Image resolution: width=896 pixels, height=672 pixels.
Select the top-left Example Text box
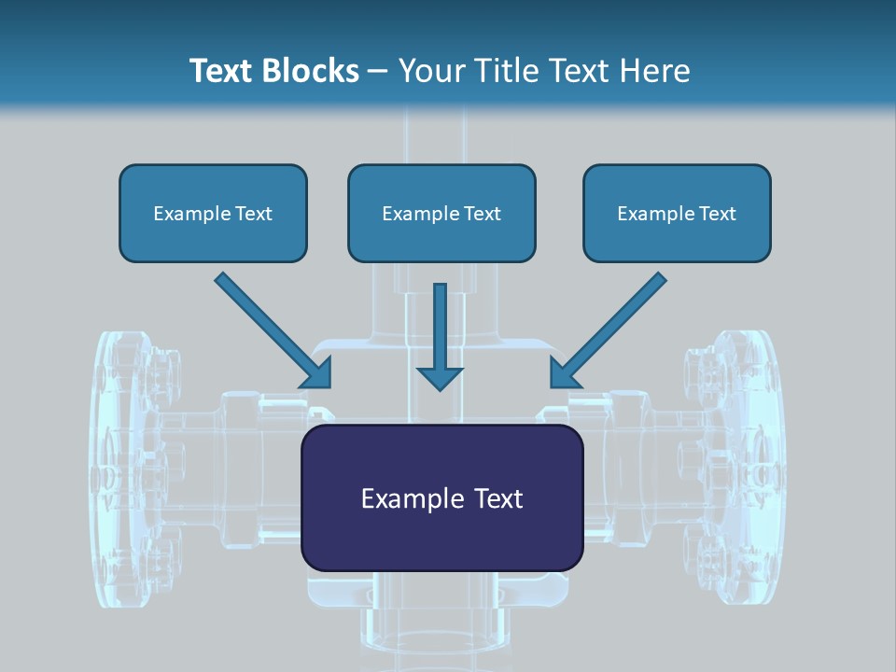pyautogui.click(x=213, y=213)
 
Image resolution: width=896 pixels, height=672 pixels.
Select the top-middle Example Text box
pyautogui.click(x=441, y=213)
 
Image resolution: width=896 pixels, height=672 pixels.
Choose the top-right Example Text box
pyautogui.click(x=677, y=213)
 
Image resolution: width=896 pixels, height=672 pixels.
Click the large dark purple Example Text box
pyautogui.click(x=441, y=497)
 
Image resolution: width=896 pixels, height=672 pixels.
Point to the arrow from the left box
pyautogui.click(x=271, y=328)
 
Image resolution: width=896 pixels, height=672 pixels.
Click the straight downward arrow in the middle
pyautogui.click(x=440, y=331)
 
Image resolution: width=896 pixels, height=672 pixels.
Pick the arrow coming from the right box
pyautogui.click(x=612, y=328)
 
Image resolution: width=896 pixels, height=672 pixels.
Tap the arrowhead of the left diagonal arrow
pyautogui.click(x=318, y=373)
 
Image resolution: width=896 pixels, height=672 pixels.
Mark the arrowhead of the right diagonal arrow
pyautogui.click(x=564, y=373)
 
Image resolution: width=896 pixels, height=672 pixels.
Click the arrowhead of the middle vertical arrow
pyautogui.click(x=440, y=377)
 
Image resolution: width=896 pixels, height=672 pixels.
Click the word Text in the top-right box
pyautogui.click(x=718, y=214)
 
